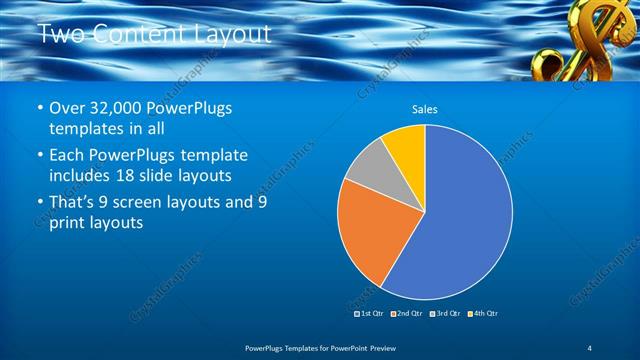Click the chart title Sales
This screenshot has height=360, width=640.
(x=425, y=109)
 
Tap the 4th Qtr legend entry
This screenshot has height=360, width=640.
(x=486, y=313)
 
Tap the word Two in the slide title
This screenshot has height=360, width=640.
(x=62, y=34)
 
